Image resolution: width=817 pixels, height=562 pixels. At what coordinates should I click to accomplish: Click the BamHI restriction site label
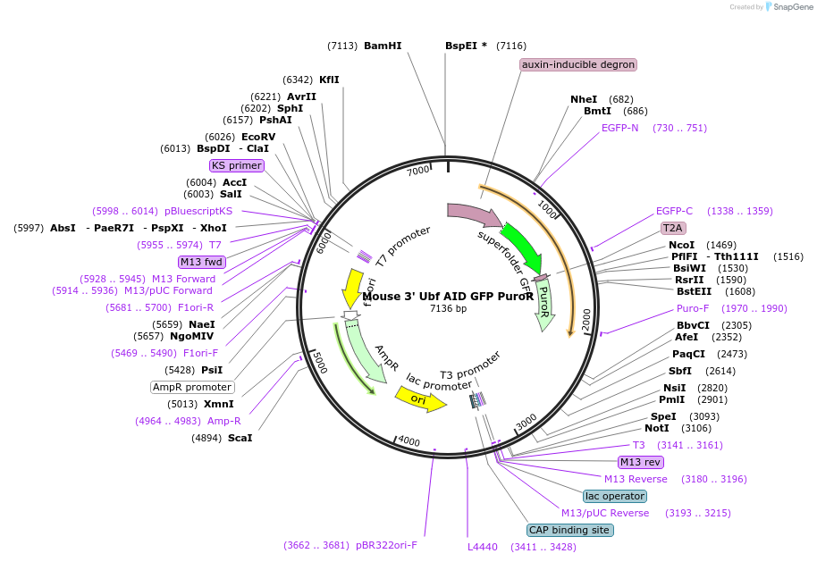click(383, 46)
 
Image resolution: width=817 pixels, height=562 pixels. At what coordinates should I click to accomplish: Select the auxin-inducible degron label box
click(578, 64)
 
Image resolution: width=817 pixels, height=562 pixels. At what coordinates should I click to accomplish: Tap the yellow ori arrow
click(420, 401)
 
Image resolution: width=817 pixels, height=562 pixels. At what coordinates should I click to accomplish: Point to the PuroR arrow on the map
click(543, 304)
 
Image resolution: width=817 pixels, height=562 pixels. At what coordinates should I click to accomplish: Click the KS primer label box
click(237, 165)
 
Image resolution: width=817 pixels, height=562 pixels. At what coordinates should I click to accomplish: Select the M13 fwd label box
click(201, 262)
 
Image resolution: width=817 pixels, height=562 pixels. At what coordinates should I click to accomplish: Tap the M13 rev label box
click(641, 462)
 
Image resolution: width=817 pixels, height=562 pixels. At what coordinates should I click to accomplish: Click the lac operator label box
click(615, 496)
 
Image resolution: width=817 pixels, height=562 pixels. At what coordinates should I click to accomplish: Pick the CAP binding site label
click(570, 530)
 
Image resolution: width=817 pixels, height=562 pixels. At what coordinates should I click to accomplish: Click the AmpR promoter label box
click(192, 387)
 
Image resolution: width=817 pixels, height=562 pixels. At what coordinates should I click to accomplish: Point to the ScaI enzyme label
click(240, 438)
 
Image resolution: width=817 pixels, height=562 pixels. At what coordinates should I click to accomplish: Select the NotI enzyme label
click(657, 428)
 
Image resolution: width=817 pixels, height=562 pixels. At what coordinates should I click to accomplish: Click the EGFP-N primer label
click(620, 128)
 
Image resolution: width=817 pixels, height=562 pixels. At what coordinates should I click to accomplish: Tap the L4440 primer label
click(483, 547)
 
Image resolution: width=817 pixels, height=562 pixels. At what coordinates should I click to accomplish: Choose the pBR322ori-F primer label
click(387, 545)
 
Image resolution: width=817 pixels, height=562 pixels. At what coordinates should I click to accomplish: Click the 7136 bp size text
click(448, 308)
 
